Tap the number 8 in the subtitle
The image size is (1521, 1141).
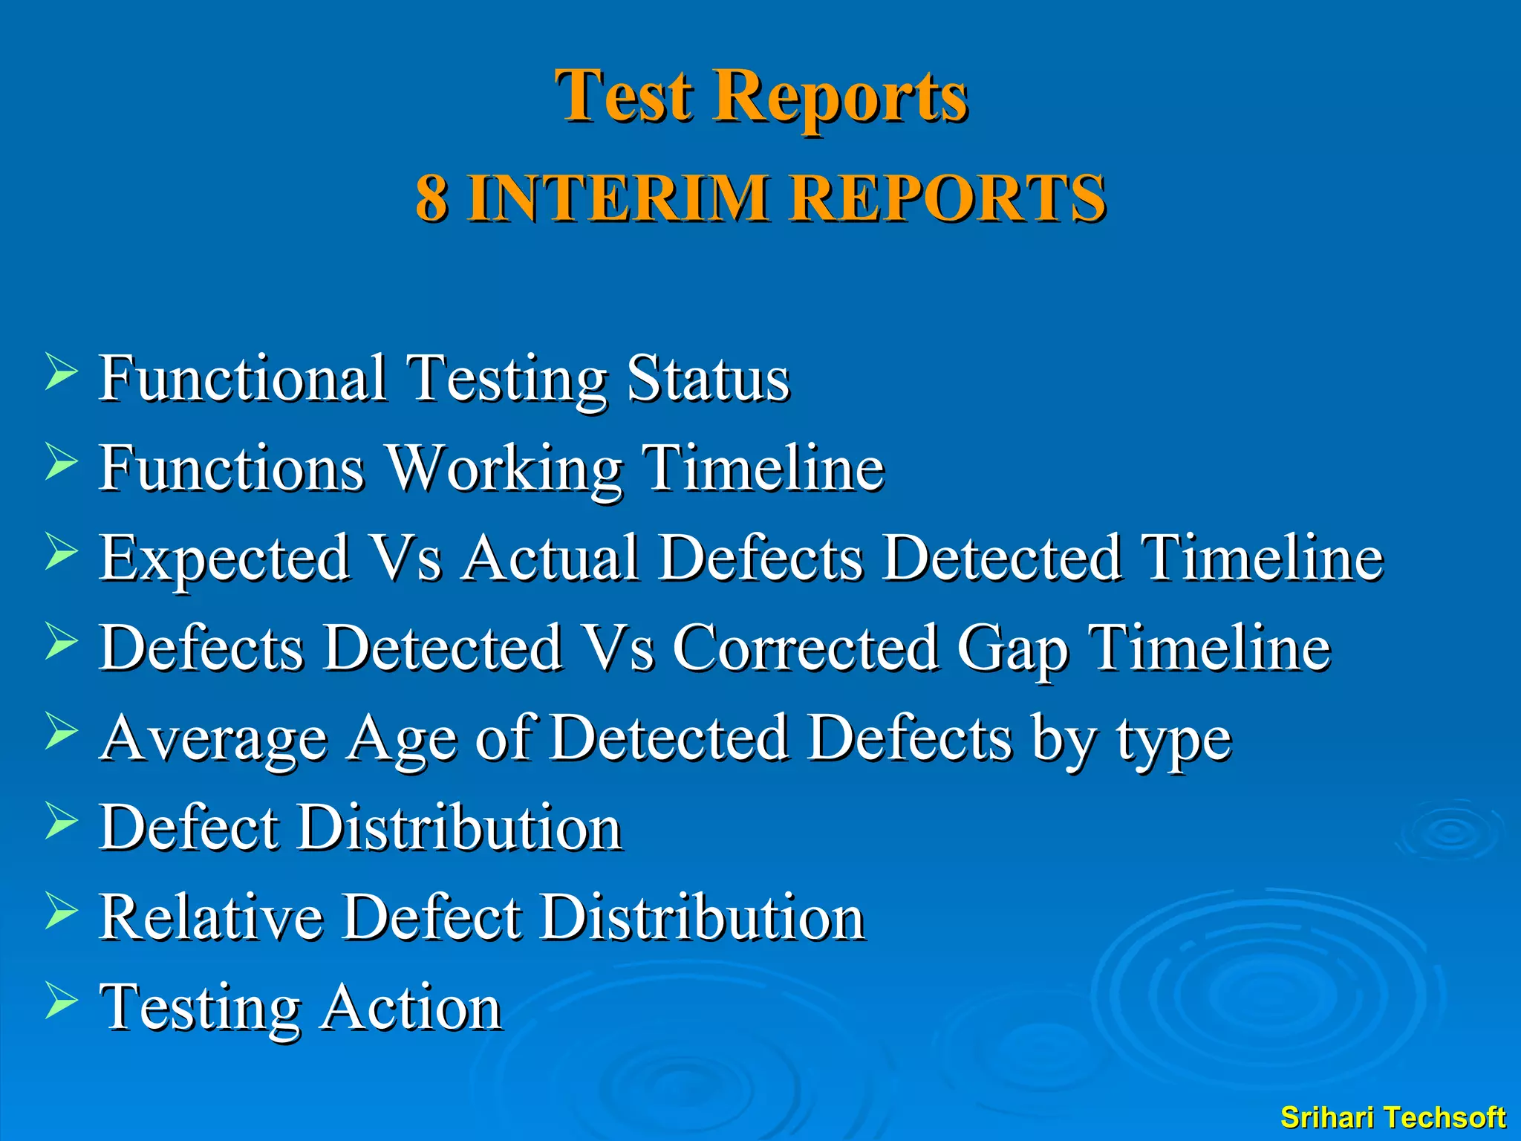[x=431, y=198]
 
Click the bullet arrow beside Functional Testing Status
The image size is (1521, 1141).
[x=61, y=371]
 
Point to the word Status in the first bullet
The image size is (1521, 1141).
[x=707, y=378]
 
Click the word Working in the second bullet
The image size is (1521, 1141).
[x=505, y=468]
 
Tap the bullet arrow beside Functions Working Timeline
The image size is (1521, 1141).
[x=61, y=461]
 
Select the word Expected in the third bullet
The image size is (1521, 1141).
[x=224, y=559]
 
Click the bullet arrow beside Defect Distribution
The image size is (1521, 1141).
[x=61, y=820]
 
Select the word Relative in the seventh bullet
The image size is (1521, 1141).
[x=211, y=917]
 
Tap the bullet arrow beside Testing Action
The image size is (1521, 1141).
[x=61, y=1001]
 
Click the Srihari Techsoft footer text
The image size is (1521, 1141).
[x=1393, y=1117]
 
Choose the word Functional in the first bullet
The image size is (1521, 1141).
[x=243, y=378]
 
